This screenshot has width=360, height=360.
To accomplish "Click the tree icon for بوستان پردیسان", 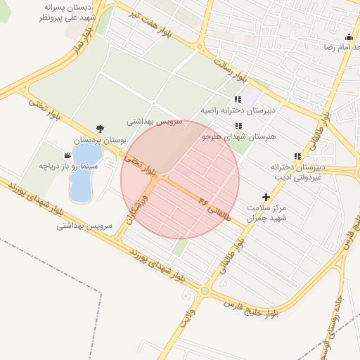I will pyautogui.click(x=99, y=128).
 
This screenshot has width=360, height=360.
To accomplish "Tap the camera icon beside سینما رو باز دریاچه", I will pyautogui.click(x=67, y=155).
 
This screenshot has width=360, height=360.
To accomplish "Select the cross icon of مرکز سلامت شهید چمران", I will pyautogui.click(x=266, y=198).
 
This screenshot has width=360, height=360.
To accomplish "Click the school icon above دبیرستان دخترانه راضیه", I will pyautogui.click(x=238, y=99).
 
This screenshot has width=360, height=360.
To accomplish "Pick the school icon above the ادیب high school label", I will pyautogui.click(x=297, y=156).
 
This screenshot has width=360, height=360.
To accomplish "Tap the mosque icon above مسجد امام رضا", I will pyautogui.click(x=348, y=37).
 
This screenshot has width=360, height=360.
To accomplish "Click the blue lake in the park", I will pyautogui.click(x=82, y=172).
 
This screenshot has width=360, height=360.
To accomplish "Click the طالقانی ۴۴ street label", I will pyautogui.click(x=215, y=207).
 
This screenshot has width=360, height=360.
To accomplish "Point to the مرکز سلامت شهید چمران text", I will pyautogui.click(x=267, y=213).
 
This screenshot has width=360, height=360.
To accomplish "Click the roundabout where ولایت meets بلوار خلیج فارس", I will pyautogui.click(x=205, y=290).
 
